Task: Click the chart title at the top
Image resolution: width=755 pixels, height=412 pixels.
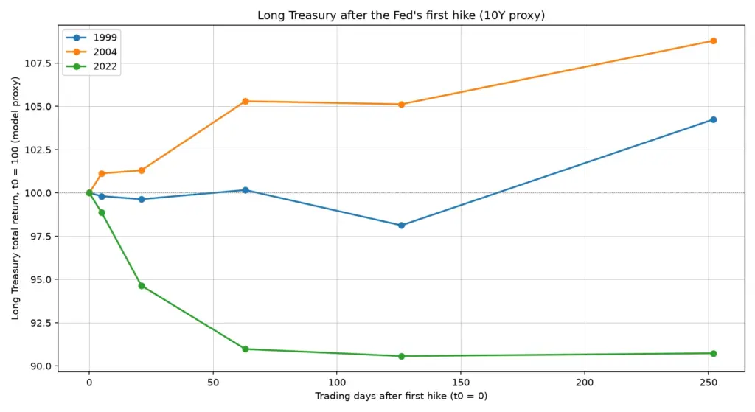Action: pyautogui.click(x=401, y=15)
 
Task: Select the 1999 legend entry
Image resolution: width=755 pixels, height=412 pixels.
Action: pyautogui.click(x=91, y=38)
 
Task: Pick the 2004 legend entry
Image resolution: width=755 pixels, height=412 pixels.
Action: pyautogui.click(x=91, y=52)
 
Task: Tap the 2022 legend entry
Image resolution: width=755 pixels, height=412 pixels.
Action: pyautogui.click(x=91, y=66)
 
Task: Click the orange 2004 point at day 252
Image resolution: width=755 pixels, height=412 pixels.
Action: pyautogui.click(x=713, y=41)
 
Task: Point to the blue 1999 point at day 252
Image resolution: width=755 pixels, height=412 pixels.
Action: pyautogui.click(x=713, y=120)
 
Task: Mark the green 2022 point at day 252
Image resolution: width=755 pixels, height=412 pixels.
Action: pyautogui.click(x=713, y=354)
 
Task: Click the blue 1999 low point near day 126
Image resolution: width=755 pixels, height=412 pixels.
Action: pyautogui.click(x=402, y=226)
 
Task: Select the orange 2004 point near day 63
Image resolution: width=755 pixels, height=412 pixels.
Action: pyautogui.click(x=246, y=102)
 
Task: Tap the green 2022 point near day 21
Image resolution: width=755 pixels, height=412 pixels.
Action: pyautogui.click(x=142, y=286)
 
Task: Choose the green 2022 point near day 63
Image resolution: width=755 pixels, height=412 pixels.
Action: pyautogui.click(x=246, y=349)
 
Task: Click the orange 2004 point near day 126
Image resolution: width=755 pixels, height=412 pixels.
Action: pyautogui.click(x=402, y=105)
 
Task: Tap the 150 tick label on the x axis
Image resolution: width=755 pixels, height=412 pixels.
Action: pyautogui.click(x=461, y=383)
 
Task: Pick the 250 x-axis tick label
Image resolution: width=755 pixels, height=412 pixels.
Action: pyautogui.click(x=709, y=383)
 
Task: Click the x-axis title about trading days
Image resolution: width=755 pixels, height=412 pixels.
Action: pyautogui.click(x=401, y=396)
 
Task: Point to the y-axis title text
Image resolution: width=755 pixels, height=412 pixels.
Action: pyautogui.click(x=15, y=198)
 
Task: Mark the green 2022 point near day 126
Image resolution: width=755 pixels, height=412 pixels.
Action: pyautogui.click(x=402, y=357)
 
